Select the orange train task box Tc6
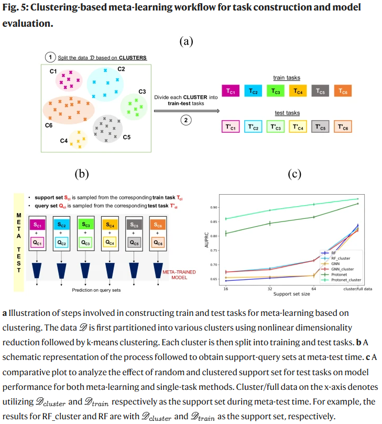[343, 91]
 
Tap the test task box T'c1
[230, 127]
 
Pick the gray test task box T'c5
[320, 127]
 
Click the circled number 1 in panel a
[50, 57]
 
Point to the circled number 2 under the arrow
[185, 120]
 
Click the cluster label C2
[121, 69]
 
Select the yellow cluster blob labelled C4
[79, 139]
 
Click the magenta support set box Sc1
[38, 225]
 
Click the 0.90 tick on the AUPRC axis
[214, 207]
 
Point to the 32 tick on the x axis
[269, 289]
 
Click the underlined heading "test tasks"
[288, 113]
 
